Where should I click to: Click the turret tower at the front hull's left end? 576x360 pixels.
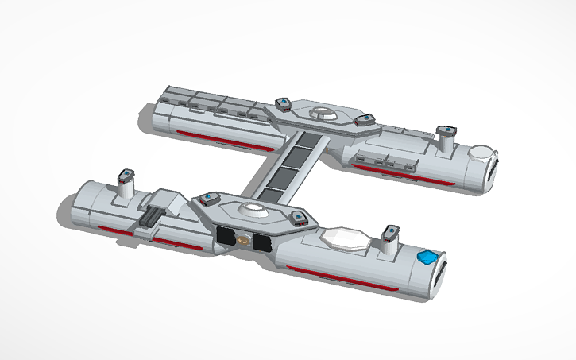(x=126, y=182)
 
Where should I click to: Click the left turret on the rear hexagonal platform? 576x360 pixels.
(x=282, y=104)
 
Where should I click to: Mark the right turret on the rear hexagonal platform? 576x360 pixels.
(x=365, y=121)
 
